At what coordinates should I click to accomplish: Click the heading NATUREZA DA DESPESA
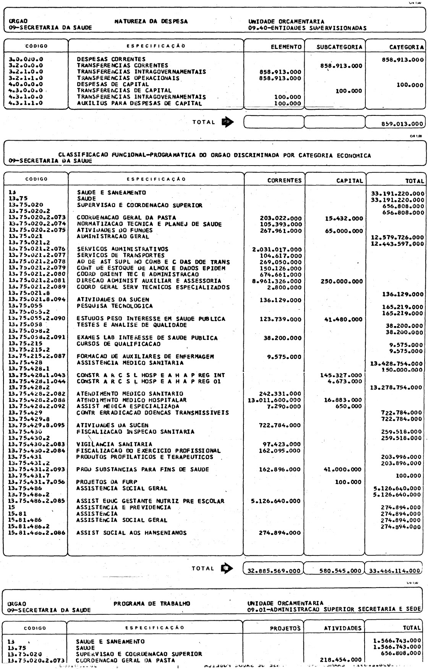click(x=151, y=21)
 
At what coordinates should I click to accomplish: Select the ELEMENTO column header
click(x=286, y=47)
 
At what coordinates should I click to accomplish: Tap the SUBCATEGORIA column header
click(x=339, y=47)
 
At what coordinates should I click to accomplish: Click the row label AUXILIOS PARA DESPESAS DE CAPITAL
click(x=139, y=103)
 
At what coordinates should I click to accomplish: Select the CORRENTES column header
click(x=284, y=180)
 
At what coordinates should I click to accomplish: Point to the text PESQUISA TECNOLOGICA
click(x=115, y=306)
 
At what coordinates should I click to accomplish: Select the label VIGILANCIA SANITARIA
click(x=114, y=444)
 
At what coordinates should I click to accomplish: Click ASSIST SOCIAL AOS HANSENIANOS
click(x=131, y=533)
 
